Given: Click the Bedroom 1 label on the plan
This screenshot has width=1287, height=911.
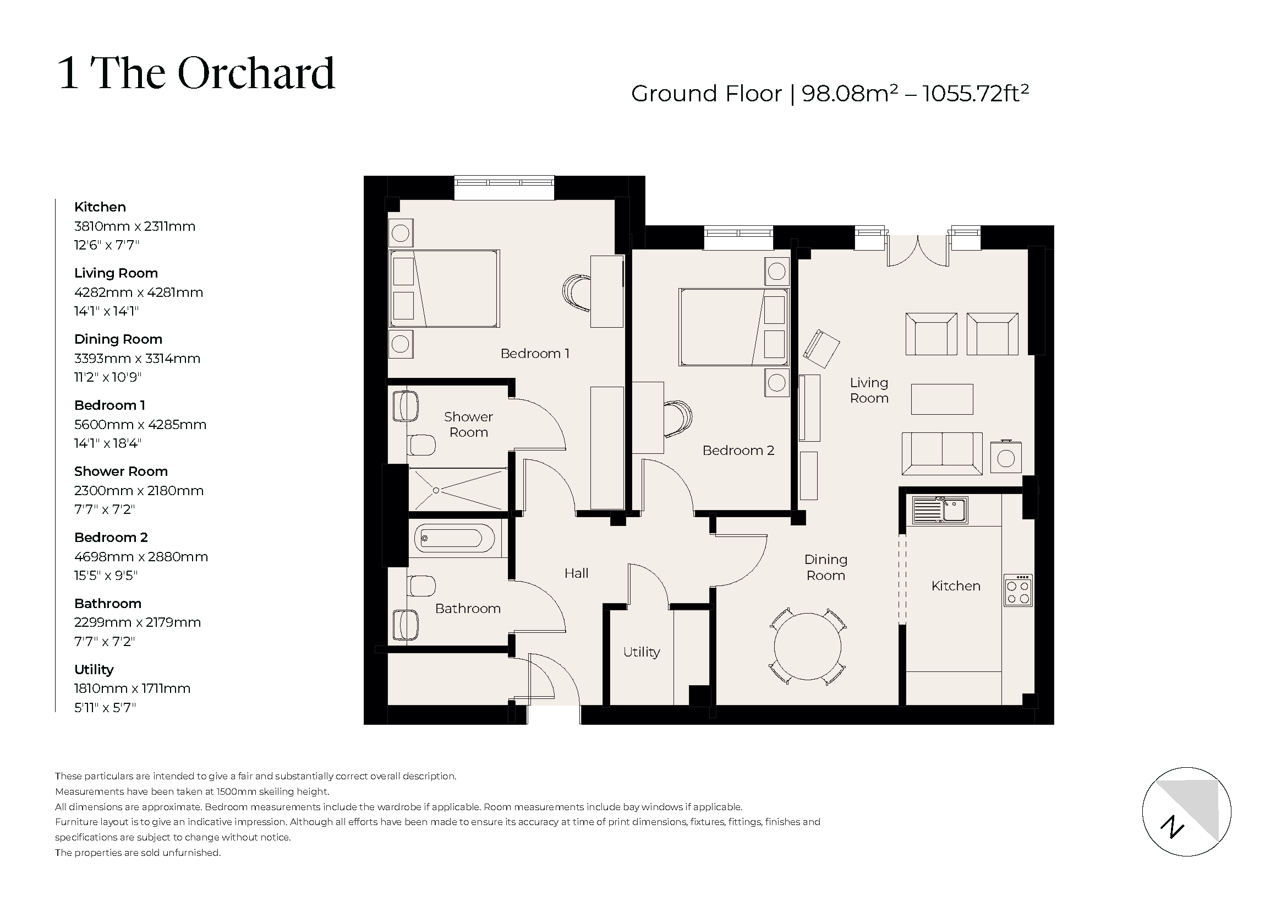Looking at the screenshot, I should [534, 354].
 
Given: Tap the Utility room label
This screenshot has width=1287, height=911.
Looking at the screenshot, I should [641, 652].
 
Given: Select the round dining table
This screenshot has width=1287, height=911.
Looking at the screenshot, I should [807, 647].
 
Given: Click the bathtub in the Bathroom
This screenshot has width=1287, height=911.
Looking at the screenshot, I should [454, 539].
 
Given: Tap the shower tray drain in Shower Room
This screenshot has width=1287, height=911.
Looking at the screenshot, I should [436, 490].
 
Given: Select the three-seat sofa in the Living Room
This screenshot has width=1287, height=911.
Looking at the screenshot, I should [941, 453].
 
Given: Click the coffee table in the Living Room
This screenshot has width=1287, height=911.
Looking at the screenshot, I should [941, 399].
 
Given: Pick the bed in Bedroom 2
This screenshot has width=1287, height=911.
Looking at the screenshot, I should [733, 327].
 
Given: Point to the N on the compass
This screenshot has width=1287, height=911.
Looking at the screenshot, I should [1171, 827].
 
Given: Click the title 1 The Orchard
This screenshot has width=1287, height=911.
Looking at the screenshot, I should [196, 73].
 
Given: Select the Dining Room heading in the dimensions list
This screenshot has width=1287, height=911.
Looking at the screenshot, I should [118, 339].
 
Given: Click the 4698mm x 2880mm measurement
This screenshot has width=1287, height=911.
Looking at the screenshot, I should [141, 557].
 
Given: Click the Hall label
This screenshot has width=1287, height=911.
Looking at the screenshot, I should [576, 573].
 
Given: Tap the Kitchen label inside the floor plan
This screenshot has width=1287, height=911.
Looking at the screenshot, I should [956, 586].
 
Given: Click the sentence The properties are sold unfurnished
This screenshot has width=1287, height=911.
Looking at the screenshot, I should [138, 853].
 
